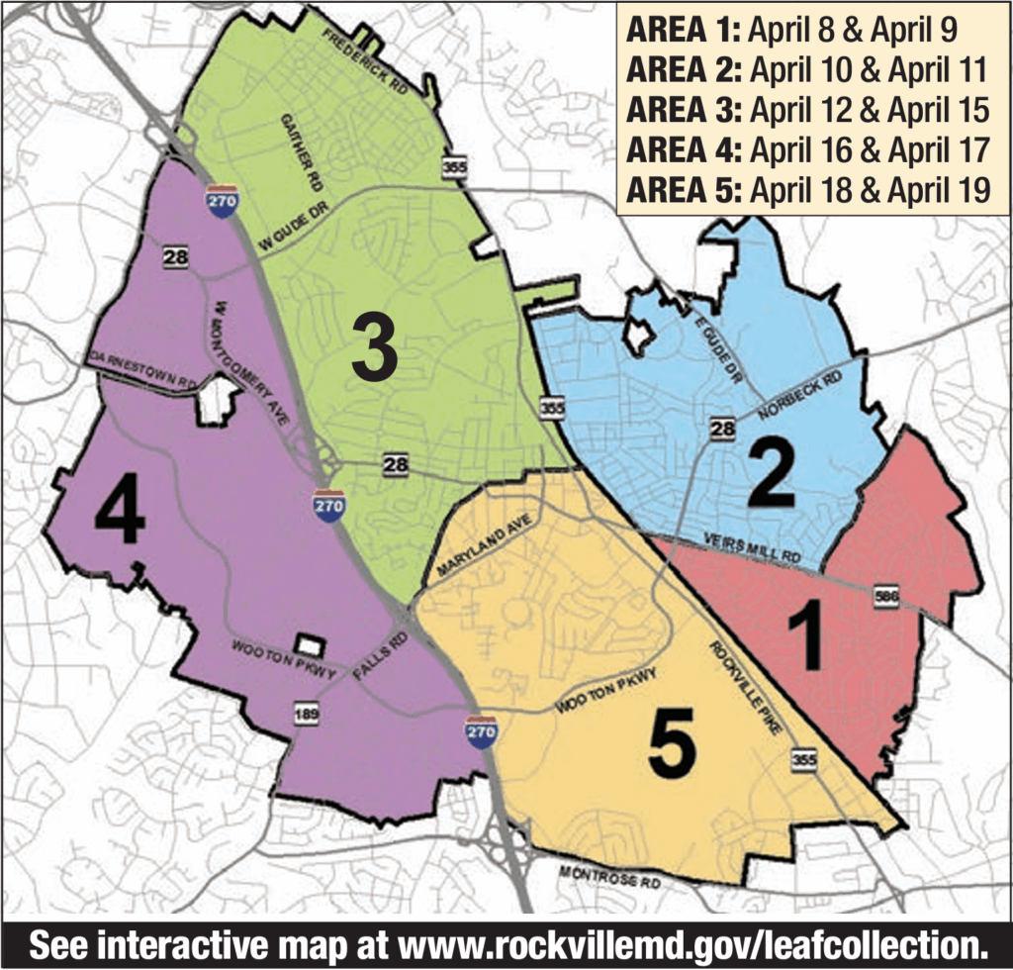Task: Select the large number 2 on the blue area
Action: click(x=772, y=472)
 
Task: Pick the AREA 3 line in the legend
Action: click(x=805, y=111)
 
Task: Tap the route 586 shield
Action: click(x=886, y=597)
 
